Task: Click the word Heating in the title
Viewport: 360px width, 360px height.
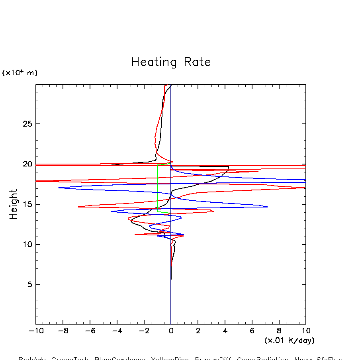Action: pos(154,63)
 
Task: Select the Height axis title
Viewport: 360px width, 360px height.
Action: pos(14,204)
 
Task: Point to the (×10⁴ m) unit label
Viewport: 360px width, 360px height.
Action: pos(20,73)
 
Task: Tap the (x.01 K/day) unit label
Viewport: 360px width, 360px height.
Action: pos(289,340)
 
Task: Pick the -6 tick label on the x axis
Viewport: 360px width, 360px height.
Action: pos(90,331)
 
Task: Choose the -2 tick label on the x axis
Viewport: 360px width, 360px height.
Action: pos(144,331)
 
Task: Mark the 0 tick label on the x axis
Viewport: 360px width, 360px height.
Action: pos(171,331)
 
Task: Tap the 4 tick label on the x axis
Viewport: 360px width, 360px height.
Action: pos(225,331)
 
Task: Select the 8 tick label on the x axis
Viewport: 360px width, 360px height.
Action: pos(279,331)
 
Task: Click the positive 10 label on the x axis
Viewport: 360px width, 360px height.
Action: pos(305,331)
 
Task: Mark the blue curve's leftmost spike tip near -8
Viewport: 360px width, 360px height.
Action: pos(59,188)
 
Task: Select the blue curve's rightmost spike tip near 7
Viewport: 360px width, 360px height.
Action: pos(267,207)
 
